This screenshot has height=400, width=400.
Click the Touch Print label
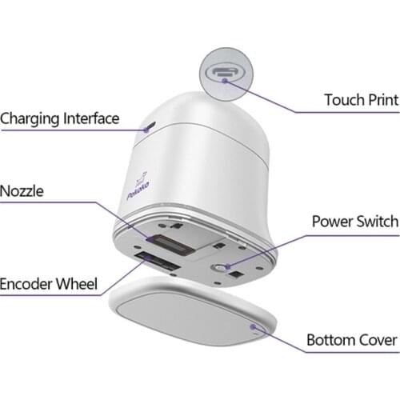coord(362,100)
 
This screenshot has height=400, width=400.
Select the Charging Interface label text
coord(60,119)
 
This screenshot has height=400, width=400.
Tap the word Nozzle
coord(22,191)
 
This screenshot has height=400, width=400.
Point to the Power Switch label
coord(355,222)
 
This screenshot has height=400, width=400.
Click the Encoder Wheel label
coord(49,284)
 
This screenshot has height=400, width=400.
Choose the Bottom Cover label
coord(352,340)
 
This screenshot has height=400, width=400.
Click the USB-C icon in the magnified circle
coord(226,72)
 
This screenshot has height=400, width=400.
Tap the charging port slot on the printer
coord(151,126)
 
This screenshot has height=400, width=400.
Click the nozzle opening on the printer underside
coord(174,245)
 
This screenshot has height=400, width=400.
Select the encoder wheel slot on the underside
coord(158,262)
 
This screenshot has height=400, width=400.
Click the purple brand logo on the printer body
coord(138,186)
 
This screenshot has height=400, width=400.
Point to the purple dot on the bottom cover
coord(253,326)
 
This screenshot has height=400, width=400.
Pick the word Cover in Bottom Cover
coord(378,340)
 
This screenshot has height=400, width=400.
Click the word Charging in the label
coord(30,119)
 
